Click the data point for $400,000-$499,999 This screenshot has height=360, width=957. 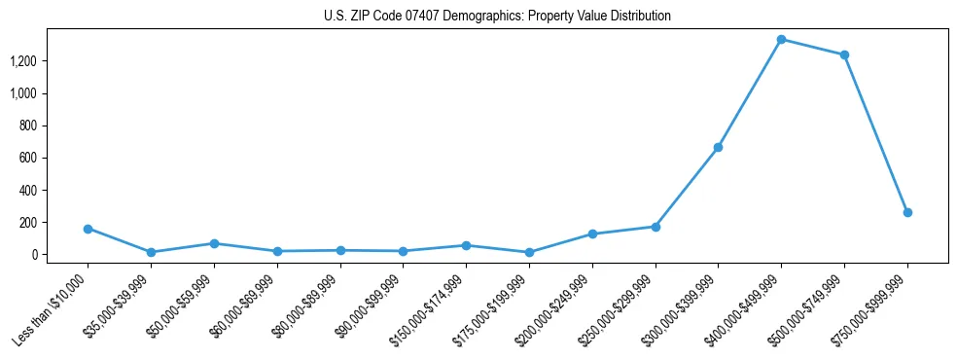click(x=781, y=40)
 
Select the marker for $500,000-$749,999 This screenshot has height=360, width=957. click(x=844, y=54)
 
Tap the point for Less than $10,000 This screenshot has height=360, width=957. click(x=88, y=229)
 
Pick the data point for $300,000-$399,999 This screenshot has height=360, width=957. click(x=718, y=147)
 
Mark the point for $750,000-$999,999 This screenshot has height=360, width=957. click(x=907, y=212)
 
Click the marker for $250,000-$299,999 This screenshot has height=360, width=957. click(x=656, y=227)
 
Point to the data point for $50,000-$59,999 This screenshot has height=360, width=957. click(x=214, y=243)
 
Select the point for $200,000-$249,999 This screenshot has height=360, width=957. click(x=592, y=234)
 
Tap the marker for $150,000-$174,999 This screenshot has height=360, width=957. click(x=466, y=245)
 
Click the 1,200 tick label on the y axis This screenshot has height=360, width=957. click(x=23, y=61)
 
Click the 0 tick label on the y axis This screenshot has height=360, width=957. click(x=33, y=255)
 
